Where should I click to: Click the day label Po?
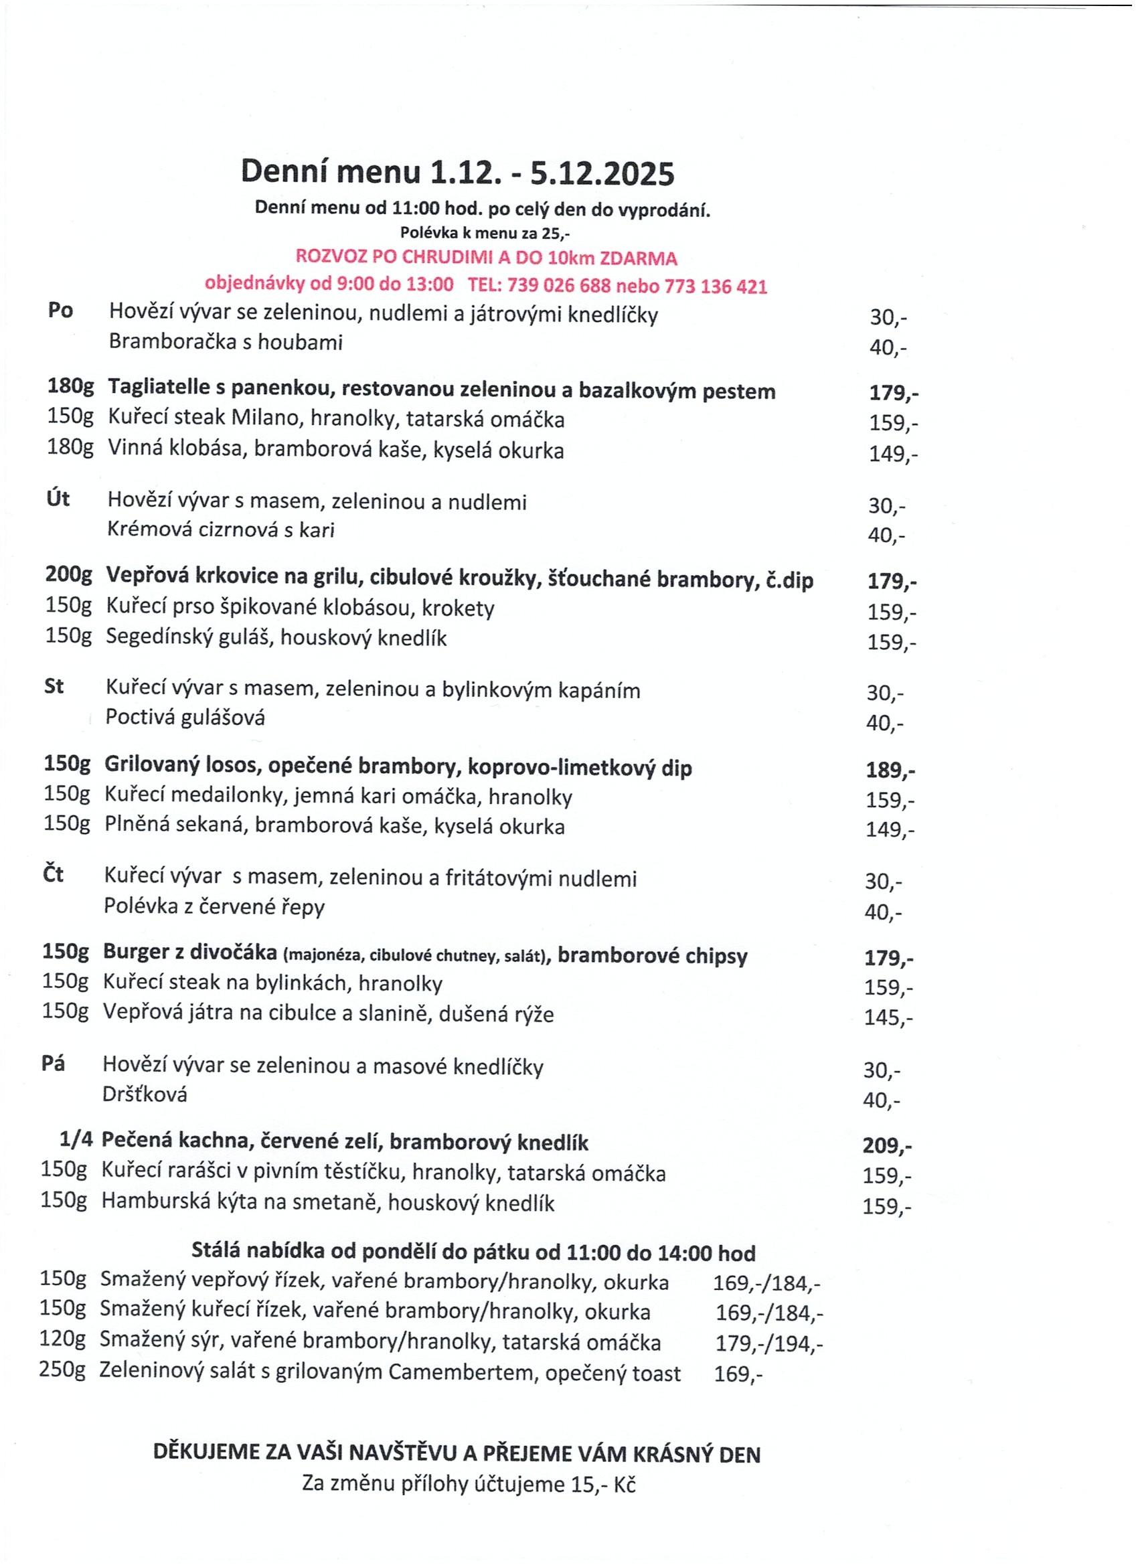coord(60,311)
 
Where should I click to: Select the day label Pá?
coord(53,1064)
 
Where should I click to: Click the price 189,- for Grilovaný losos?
coord(890,770)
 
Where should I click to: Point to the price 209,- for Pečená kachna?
coord(887,1146)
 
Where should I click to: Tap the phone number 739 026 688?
coord(559,286)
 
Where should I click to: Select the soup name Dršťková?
coord(145,1094)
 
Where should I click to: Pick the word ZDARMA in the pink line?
coord(639,259)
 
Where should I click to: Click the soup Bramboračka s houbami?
coord(226,342)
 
